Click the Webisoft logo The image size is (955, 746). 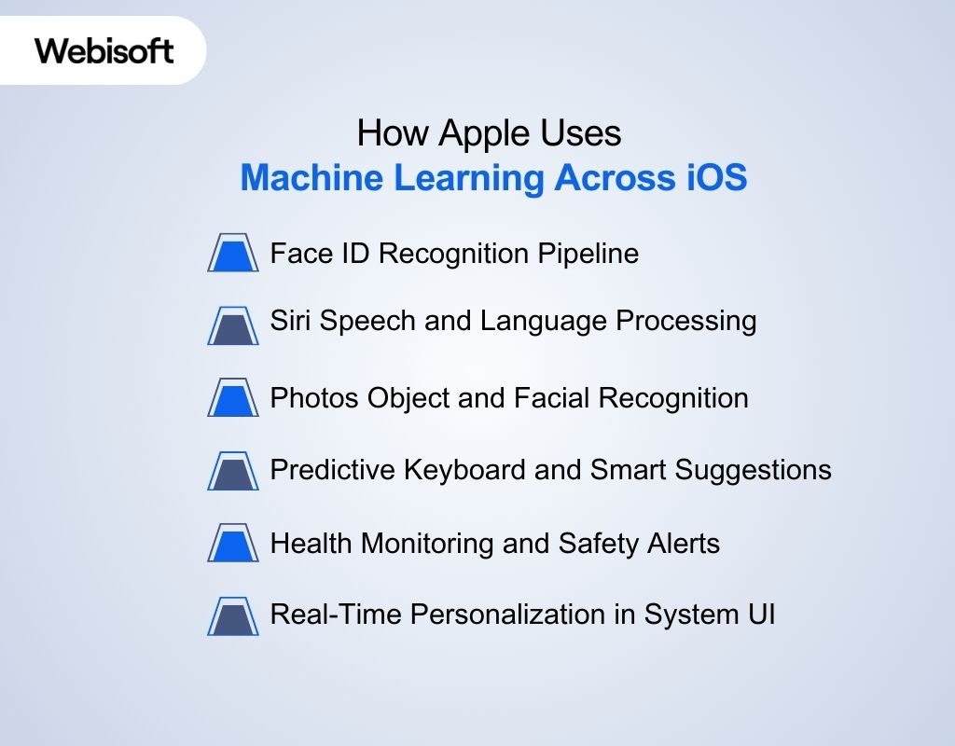click(x=104, y=49)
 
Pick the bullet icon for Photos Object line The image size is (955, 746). click(x=233, y=398)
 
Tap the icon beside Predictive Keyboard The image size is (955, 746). click(x=233, y=471)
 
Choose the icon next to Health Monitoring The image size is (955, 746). click(x=233, y=544)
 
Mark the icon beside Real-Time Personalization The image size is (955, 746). click(x=233, y=616)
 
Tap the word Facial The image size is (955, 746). click(x=551, y=398)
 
